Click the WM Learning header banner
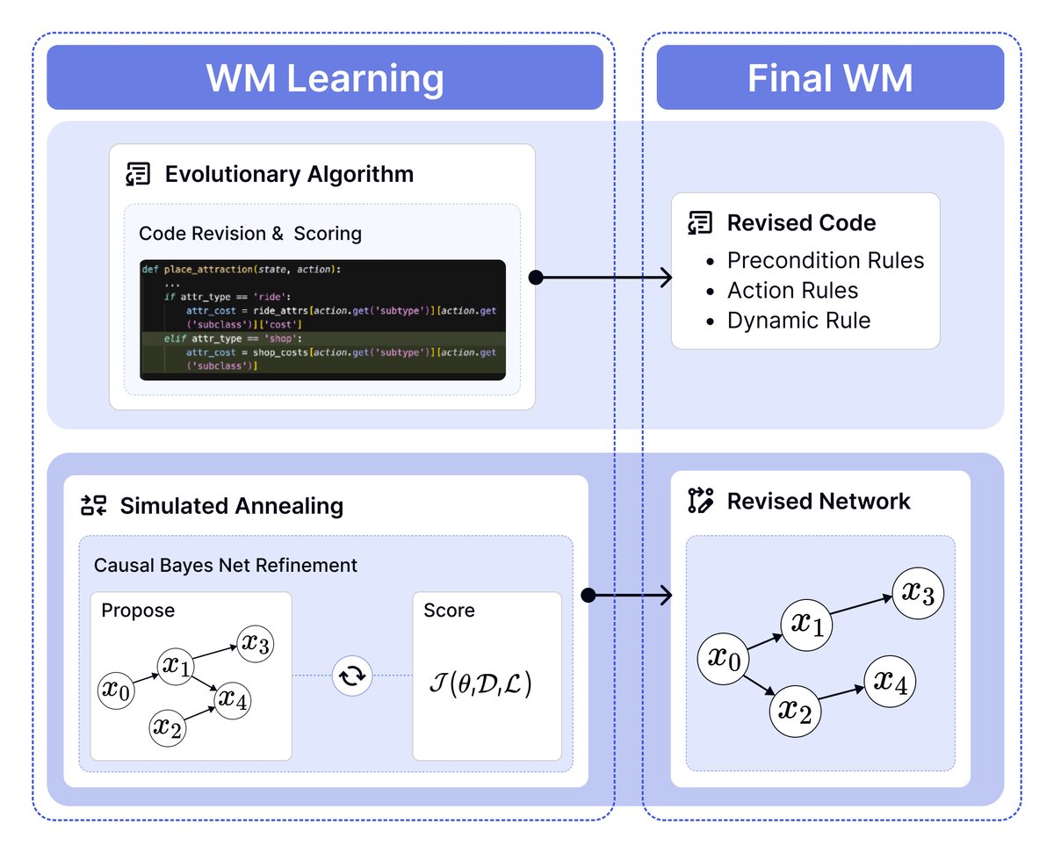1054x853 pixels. (325, 78)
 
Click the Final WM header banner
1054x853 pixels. (830, 78)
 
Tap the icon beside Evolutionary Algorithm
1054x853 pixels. (139, 174)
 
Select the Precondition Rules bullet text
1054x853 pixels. (826, 261)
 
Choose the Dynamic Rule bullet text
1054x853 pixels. (798, 321)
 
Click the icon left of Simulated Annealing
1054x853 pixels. (92, 506)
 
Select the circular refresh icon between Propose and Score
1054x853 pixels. (352, 676)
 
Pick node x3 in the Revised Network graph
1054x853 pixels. (918, 594)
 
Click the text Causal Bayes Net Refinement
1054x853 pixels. (226, 565)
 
